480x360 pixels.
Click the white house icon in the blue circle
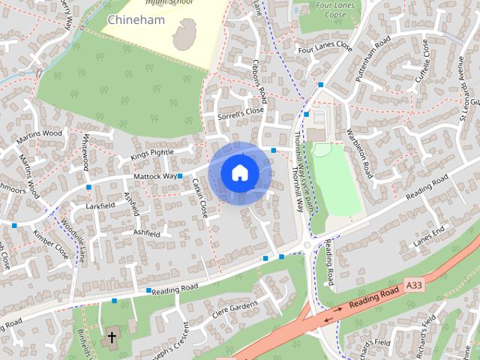[x=239, y=172]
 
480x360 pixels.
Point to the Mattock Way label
[x=154, y=177]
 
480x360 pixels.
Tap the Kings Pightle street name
[x=151, y=153]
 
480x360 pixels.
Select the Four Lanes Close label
[x=324, y=46]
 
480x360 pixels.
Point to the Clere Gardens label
[x=235, y=307]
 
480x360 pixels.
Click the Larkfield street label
[x=100, y=204]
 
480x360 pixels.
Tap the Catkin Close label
[x=199, y=198]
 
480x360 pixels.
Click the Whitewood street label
[x=86, y=152]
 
